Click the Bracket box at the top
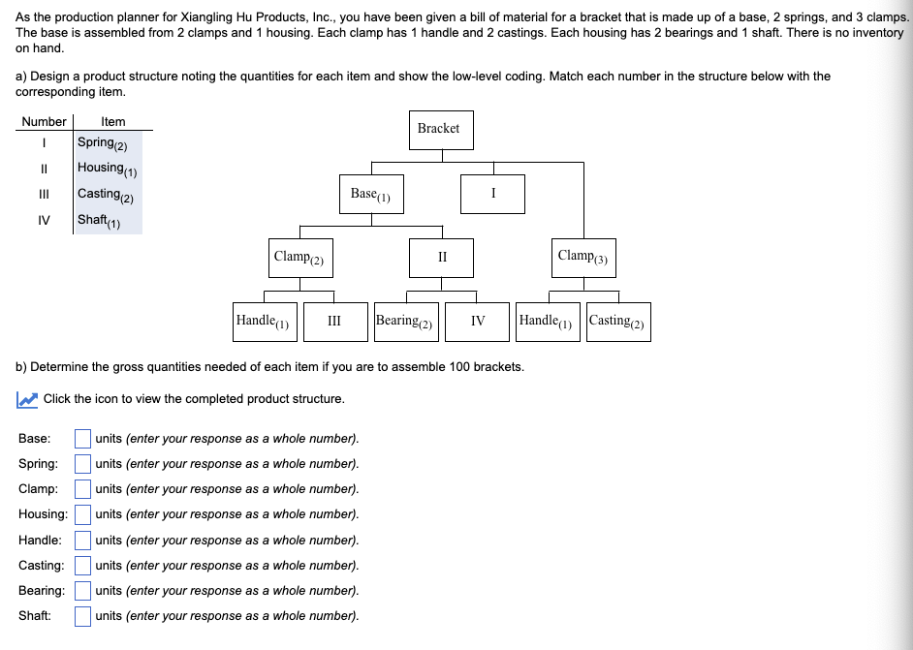[x=438, y=129]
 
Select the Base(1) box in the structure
[x=370, y=194]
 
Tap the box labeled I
[x=492, y=194]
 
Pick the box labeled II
[x=442, y=258]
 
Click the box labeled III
[x=333, y=322]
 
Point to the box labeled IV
[x=478, y=322]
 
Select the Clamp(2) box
[x=300, y=258]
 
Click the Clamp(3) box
[x=583, y=257]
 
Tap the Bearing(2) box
[x=407, y=322]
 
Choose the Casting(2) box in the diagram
[x=617, y=322]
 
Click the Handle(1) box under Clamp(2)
[x=263, y=322]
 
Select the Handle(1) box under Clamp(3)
[x=548, y=322]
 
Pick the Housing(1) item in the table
[x=108, y=169]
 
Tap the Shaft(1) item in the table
[x=99, y=220]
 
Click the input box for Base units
[x=83, y=439]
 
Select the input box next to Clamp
[x=83, y=489]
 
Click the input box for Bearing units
[x=83, y=590]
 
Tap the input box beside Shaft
[x=83, y=615]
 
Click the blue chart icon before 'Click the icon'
[x=27, y=399]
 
